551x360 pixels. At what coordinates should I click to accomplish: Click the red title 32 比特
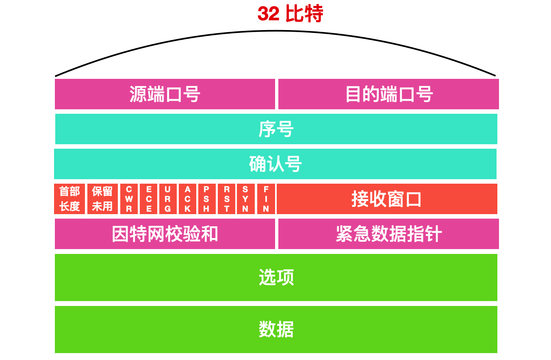tap(290, 14)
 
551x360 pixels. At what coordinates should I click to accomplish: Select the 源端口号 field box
tap(165, 94)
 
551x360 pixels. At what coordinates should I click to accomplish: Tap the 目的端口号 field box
tap(388, 94)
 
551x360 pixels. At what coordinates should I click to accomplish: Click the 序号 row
tap(276, 129)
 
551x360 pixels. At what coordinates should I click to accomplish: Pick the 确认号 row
tap(275, 164)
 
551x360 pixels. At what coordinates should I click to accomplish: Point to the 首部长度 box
tap(69, 199)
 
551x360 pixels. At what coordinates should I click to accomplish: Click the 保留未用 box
tap(102, 199)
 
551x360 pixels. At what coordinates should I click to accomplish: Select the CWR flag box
tap(129, 199)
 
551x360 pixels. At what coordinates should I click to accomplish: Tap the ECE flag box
tap(149, 199)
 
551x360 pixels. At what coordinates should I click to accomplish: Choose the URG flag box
tap(168, 199)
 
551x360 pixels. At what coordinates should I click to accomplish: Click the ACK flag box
tap(187, 199)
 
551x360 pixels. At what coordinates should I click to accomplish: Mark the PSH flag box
tap(207, 199)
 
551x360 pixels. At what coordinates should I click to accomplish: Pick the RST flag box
tap(226, 199)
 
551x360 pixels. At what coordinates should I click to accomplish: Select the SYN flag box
tap(245, 199)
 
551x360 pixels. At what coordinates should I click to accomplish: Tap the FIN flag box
tap(266, 199)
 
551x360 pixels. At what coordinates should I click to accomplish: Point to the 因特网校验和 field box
tap(165, 234)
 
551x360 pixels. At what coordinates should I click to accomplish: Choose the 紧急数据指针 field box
tap(388, 234)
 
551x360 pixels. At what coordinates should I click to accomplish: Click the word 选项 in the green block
tap(276, 278)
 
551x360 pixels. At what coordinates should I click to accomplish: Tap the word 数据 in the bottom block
tap(276, 329)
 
